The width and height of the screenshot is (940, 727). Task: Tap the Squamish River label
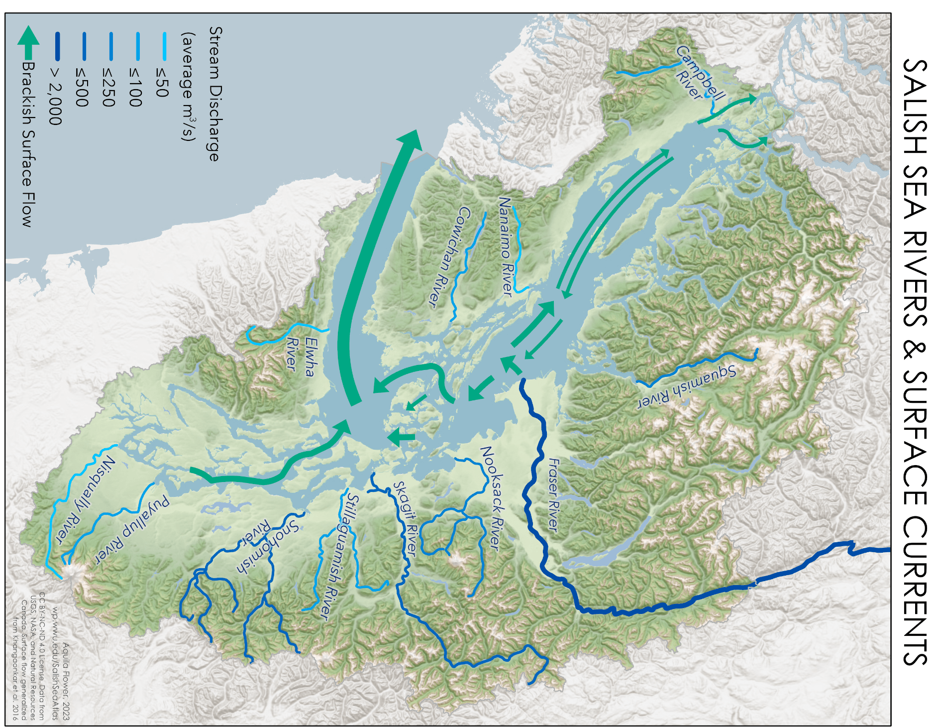(x=687, y=387)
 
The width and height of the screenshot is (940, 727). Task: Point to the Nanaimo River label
(x=506, y=246)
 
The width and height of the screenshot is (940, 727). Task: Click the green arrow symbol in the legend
(x=29, y=42)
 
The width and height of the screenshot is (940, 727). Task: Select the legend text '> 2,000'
(x=55, y=95)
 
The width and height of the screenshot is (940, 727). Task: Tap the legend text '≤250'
(x=108, y=88)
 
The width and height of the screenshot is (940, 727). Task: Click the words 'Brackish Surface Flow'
(x=28, y=144)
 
